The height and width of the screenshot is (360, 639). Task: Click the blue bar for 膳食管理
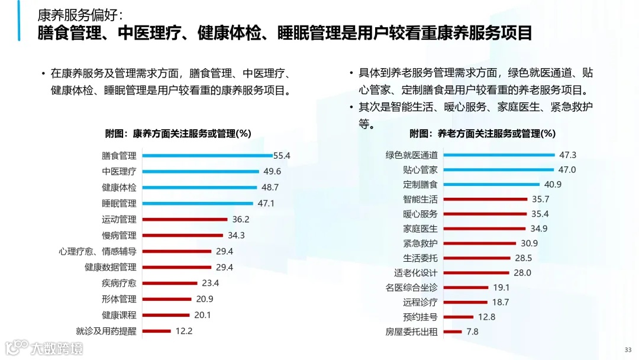pyautogui.click(x=207, y=156)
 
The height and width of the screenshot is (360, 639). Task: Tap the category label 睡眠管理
pyautogui.click(x=119, y=204)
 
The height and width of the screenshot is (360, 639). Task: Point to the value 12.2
pyautogui.click(x=184, y=331)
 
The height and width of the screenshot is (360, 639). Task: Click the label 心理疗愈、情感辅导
pyautogui.click(x=98, y=251)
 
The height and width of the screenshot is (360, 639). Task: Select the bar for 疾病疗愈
pyautogui.click(x=170, y=283)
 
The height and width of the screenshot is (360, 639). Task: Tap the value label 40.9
pyautogui.click(x=553, y=185)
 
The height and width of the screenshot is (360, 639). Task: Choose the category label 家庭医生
pyautogui.click(x=420, y=229)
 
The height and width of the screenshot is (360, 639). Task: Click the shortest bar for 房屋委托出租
pyautogui.click(x=453, y=332)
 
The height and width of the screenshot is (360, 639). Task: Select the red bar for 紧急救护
pyautogui.click(x=480, y=243)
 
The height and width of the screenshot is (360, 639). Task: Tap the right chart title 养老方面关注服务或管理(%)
pyautogui.click(x=483, y=133)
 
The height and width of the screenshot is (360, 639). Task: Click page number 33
pyautogui.click(x=628, y=349)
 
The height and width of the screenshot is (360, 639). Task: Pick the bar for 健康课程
pyautogui.click(x=166, y=315)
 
